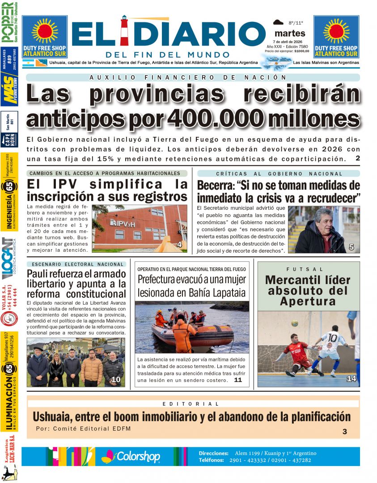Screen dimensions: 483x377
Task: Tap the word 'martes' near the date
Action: pyautogui.click(x=290, y=33)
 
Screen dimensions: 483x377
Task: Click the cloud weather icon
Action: pyautogui.click(x=278, y=22)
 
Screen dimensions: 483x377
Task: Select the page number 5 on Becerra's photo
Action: pyautogui.click(x=351, y=247)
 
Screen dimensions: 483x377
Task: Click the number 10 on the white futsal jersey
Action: pyautogui.click(x=332, y=337)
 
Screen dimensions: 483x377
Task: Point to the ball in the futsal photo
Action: pyautogui.click(x=294, y=323)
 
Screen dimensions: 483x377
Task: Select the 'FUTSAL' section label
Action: pyautogui.click(x=309, y=269)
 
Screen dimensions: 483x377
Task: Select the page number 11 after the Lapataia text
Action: pyautogui.click(x=237, y=380)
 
